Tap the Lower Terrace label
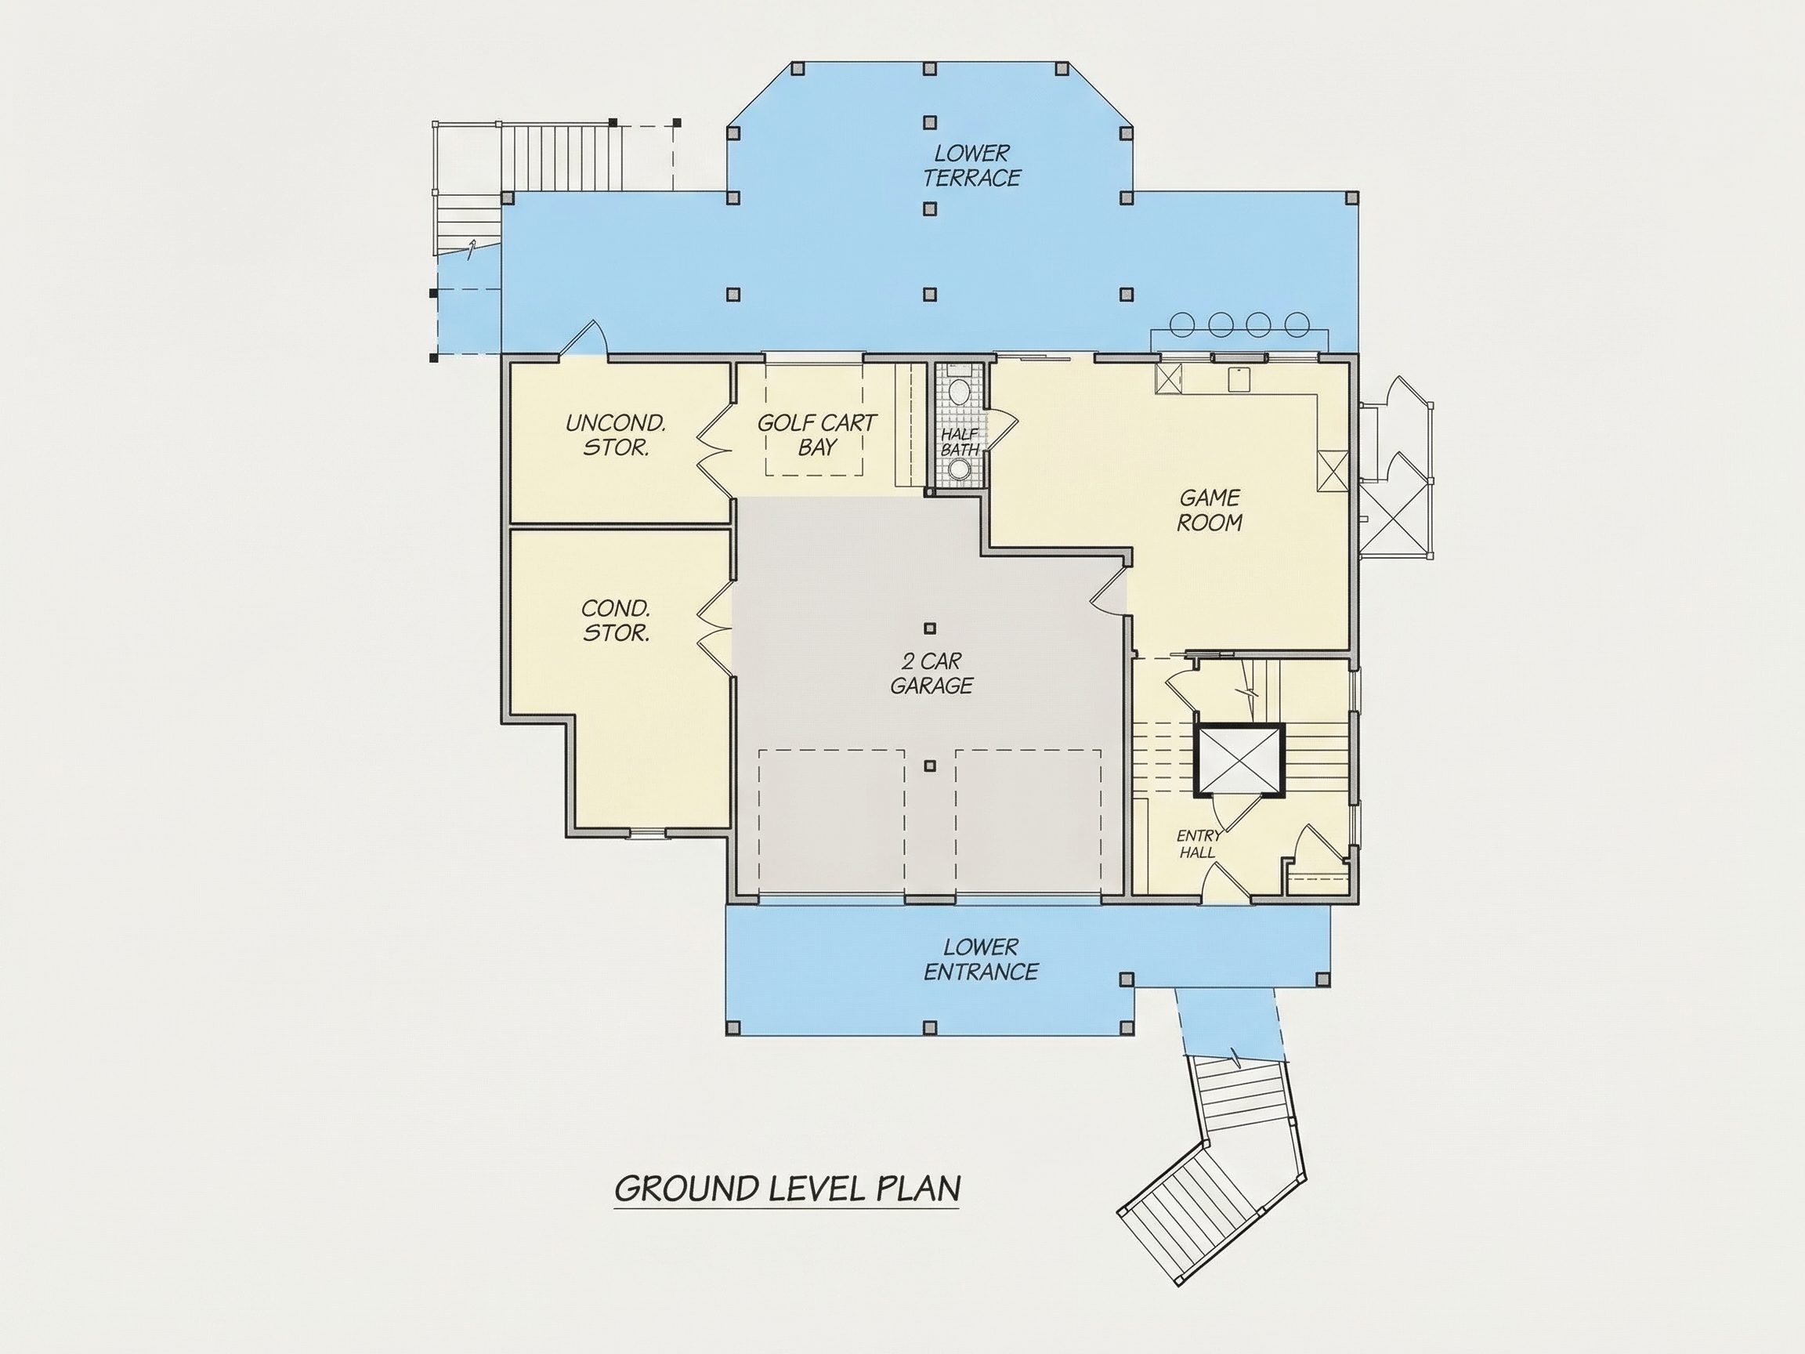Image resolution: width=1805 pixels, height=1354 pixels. [x=972, y=165]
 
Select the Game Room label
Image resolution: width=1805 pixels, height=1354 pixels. [x=1210, y=510]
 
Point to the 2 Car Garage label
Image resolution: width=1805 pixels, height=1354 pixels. [x=931, y=673]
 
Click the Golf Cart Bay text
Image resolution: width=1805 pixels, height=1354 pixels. [x=817, y=435]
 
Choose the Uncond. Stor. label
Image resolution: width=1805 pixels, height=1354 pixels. [x=616, y=435]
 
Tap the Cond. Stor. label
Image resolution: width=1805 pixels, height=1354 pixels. [x=616, y=621]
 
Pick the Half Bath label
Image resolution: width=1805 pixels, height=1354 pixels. [x=960, y=443]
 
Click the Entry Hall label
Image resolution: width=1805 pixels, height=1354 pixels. [x=1199, y=844]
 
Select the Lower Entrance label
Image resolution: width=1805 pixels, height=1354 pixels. [x=981, y=959]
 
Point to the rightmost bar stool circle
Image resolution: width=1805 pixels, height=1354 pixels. [x=1297, y=324]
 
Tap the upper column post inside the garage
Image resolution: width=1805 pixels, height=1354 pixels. [x=929, y=628]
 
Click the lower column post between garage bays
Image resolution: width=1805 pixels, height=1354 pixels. [x=929, y=766]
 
